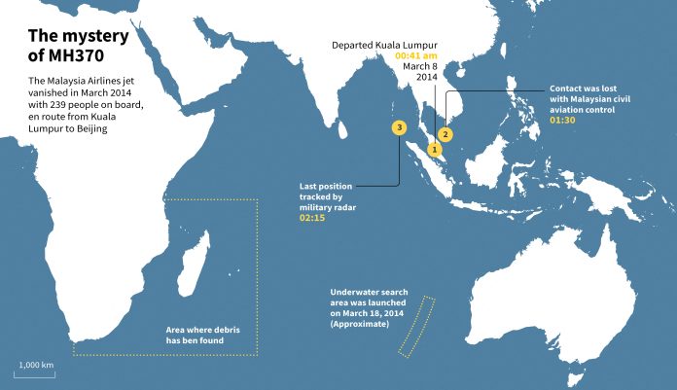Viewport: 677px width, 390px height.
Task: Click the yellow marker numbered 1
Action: [435, 151]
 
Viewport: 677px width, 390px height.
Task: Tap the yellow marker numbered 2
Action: [445, 133]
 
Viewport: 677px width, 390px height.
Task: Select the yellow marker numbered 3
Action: [398, 127]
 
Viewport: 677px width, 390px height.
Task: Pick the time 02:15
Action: [312, 216]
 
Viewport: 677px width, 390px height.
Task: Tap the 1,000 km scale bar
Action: [34, 370]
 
